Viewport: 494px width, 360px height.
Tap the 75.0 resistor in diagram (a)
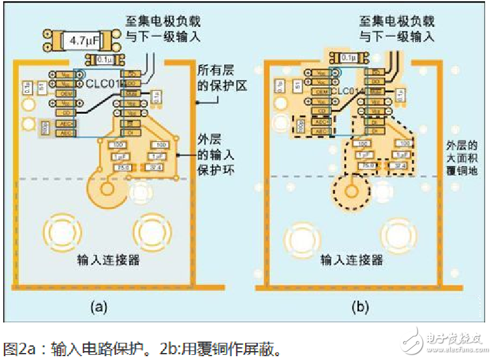coord(121,167)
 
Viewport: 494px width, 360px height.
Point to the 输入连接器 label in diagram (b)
coord(351,260)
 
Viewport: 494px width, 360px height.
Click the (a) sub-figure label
coord(98,308)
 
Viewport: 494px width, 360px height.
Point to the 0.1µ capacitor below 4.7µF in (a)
coord(101,60)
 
